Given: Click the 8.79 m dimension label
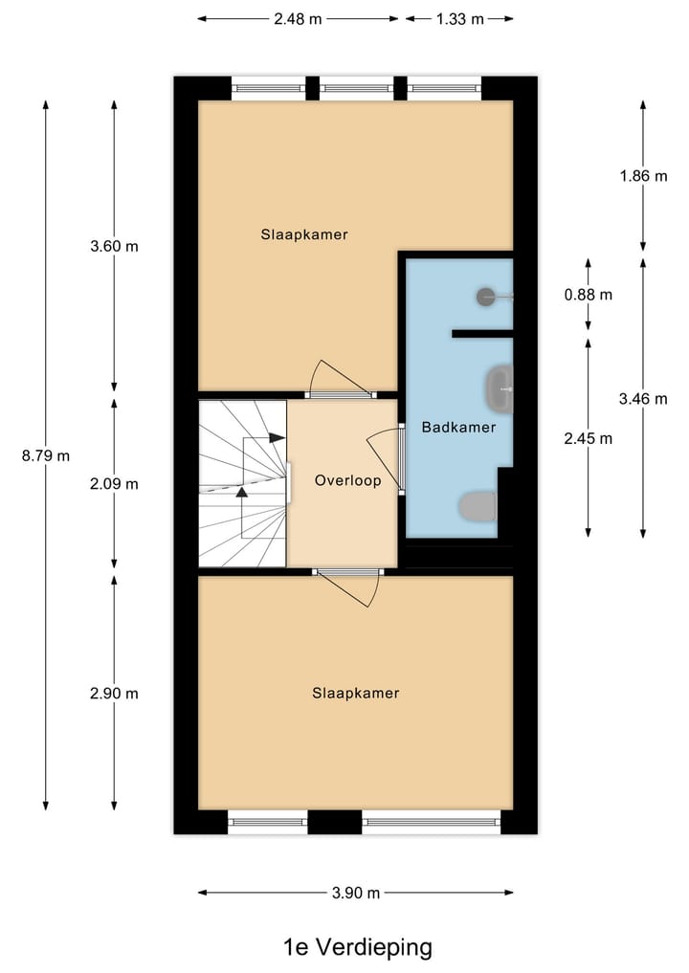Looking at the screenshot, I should (x=46, y=455).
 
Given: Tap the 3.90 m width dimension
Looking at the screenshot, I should (x=355, y=893).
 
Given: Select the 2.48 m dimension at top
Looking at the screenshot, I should (x=297, y=18).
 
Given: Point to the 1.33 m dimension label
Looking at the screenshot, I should (x=459, y=18).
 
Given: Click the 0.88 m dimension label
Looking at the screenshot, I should (x=589, y=295).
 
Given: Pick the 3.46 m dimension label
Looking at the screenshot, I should (x=643, y=399).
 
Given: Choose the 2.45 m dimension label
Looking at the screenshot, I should (x=589, y=438).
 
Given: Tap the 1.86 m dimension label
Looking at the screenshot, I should (x=643, y=176).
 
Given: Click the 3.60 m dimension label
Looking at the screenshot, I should (x=114, y=246).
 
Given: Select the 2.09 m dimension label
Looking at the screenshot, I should (x=114, y=483).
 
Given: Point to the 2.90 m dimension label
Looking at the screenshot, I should (x=114, y=693).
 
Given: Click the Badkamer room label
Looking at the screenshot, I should (x=458, y=427).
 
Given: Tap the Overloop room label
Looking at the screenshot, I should (x=347, y=480).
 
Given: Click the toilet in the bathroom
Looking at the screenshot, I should (x=478, y=506).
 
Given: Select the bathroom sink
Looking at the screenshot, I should (x=500, y=388).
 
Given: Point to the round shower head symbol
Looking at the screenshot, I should (x=486, y=297).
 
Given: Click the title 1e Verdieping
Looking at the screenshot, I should (x=358, y=947).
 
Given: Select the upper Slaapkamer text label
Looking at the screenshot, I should (x=303, y=233).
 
